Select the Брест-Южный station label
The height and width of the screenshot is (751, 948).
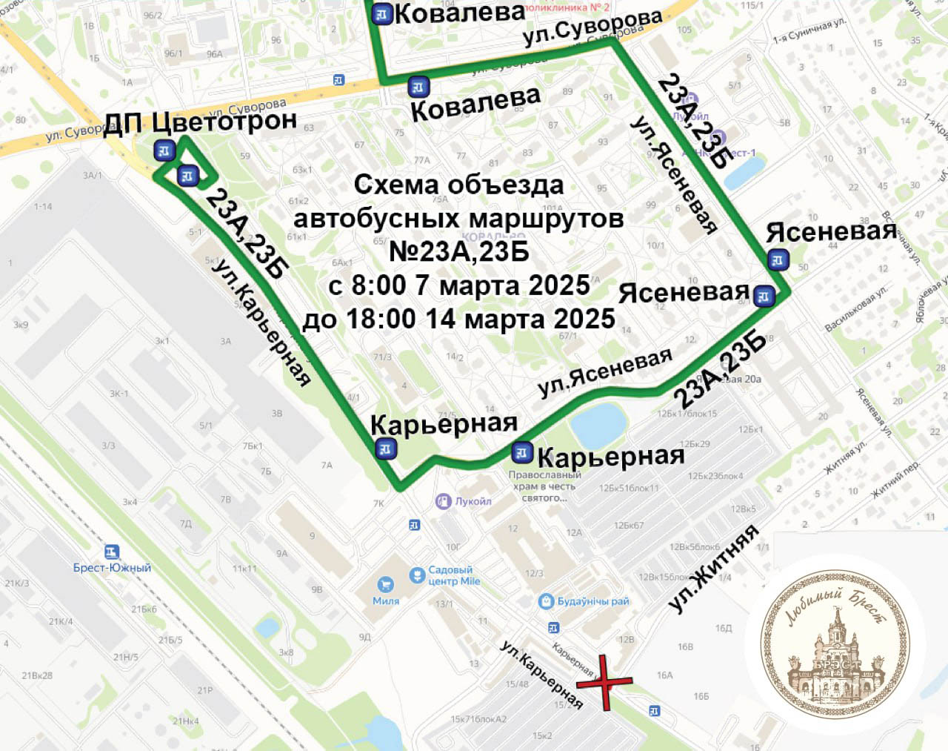pyautogui.click(x=112, y=567)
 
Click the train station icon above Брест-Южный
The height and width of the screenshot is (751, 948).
pyautogui.click(x=112, y=552)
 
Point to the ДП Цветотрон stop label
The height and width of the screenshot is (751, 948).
pyautogui.click(x=200, y=122)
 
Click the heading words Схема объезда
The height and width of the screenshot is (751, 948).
pyautogui.click(x=458, y=185)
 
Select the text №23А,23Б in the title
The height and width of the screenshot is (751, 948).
pyautogui.click(x=458, y=251)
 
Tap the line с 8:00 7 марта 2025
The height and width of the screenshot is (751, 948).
pyautogui.click(x=459, y=285)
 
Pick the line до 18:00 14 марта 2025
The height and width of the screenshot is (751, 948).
pyautogui.click(x=458, y=319)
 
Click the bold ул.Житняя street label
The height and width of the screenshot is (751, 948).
pyautogui.click(x=714, y=569)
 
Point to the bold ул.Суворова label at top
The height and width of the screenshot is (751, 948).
pyautogui.click(x=592, y=28)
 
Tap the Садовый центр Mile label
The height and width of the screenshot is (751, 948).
pyautogui.click(x=453, y=575)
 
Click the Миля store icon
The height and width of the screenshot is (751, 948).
pyautogui.click(x=384, y=585)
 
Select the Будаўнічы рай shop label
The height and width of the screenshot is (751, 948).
pyautogui.click(x=592, y=601)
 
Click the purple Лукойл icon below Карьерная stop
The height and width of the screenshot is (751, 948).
pyautogui.click(x=443, y=501)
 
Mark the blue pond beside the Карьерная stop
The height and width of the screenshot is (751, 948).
pyautogui.click(x=598, y=425)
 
